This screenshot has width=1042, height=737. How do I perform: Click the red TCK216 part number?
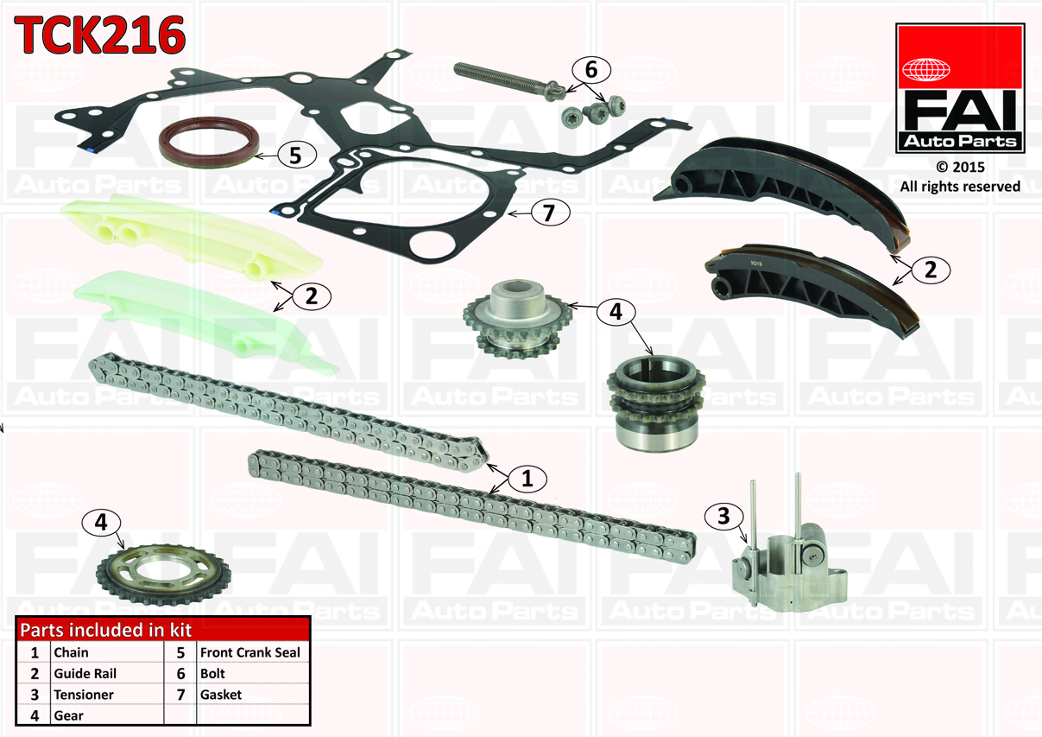coord(99,34)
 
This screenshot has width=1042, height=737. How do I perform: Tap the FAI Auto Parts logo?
coord(960,88)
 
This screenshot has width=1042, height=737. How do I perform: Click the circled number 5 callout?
coord(297,155)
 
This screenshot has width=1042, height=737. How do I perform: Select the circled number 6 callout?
coord(591,70)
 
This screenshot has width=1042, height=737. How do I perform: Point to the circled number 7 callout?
coord(550,213)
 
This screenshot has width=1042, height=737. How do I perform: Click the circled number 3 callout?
coord(723,517)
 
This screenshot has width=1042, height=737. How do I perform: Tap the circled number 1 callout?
coord(527,478)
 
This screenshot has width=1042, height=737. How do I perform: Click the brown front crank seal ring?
coord(209,142)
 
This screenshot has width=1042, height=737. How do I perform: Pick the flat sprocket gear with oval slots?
coord(163,574)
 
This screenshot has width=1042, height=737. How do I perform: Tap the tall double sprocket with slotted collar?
coord(656,403)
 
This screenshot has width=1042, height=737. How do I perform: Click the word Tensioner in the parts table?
coord(84,695)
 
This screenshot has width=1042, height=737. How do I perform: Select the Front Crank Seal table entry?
coord(250,652)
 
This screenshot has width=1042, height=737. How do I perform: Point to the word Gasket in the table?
coord(221,695)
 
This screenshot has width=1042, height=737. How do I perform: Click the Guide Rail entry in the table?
coord(85,673)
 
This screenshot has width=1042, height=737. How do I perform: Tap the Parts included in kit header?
coord(106,630)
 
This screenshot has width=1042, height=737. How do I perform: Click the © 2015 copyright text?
coord(960,167)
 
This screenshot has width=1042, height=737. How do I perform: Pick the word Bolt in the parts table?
coord(212,673)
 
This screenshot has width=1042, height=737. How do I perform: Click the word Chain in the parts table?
coord(71,652)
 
